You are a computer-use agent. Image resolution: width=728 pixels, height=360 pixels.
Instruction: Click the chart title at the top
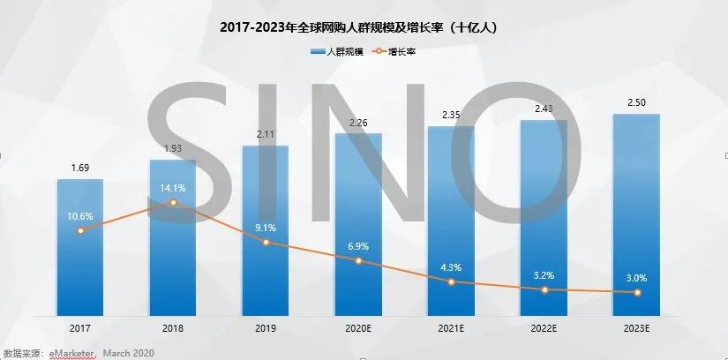coord(363,27)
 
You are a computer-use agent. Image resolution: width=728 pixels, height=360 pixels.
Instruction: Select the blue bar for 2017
coord(80,256)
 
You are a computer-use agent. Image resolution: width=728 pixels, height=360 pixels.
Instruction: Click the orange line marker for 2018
coord(173,203)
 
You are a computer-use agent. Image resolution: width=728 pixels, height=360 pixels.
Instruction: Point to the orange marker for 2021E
coord(451,281)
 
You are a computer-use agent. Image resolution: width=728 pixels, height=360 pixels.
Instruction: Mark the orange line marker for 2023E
coord(636,292)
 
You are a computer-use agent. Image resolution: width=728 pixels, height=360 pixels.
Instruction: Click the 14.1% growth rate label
coord(173,186)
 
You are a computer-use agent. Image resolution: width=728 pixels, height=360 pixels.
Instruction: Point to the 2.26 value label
coord(358,123)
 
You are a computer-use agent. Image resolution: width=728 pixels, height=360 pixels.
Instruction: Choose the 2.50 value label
coord(636,103)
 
